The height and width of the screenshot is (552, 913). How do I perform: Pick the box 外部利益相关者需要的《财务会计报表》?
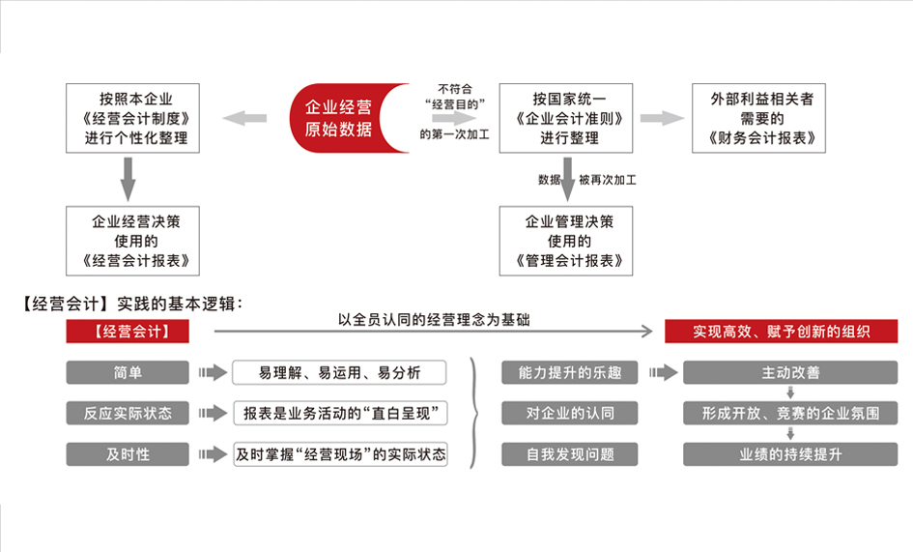point(760,118)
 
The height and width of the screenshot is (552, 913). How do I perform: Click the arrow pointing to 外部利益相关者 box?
point(662,118)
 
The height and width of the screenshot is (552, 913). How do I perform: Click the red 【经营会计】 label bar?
point(127,332)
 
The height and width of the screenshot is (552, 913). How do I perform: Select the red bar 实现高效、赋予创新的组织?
point(781,332)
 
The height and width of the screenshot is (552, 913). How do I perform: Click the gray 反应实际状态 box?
point(127,414)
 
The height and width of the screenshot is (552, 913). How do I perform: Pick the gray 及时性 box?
point(127,454)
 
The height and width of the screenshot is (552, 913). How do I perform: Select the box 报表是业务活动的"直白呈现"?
point(339,414)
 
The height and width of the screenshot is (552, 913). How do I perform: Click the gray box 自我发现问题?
point(569,454)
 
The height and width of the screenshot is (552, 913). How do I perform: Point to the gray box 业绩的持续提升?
point(790,454)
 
